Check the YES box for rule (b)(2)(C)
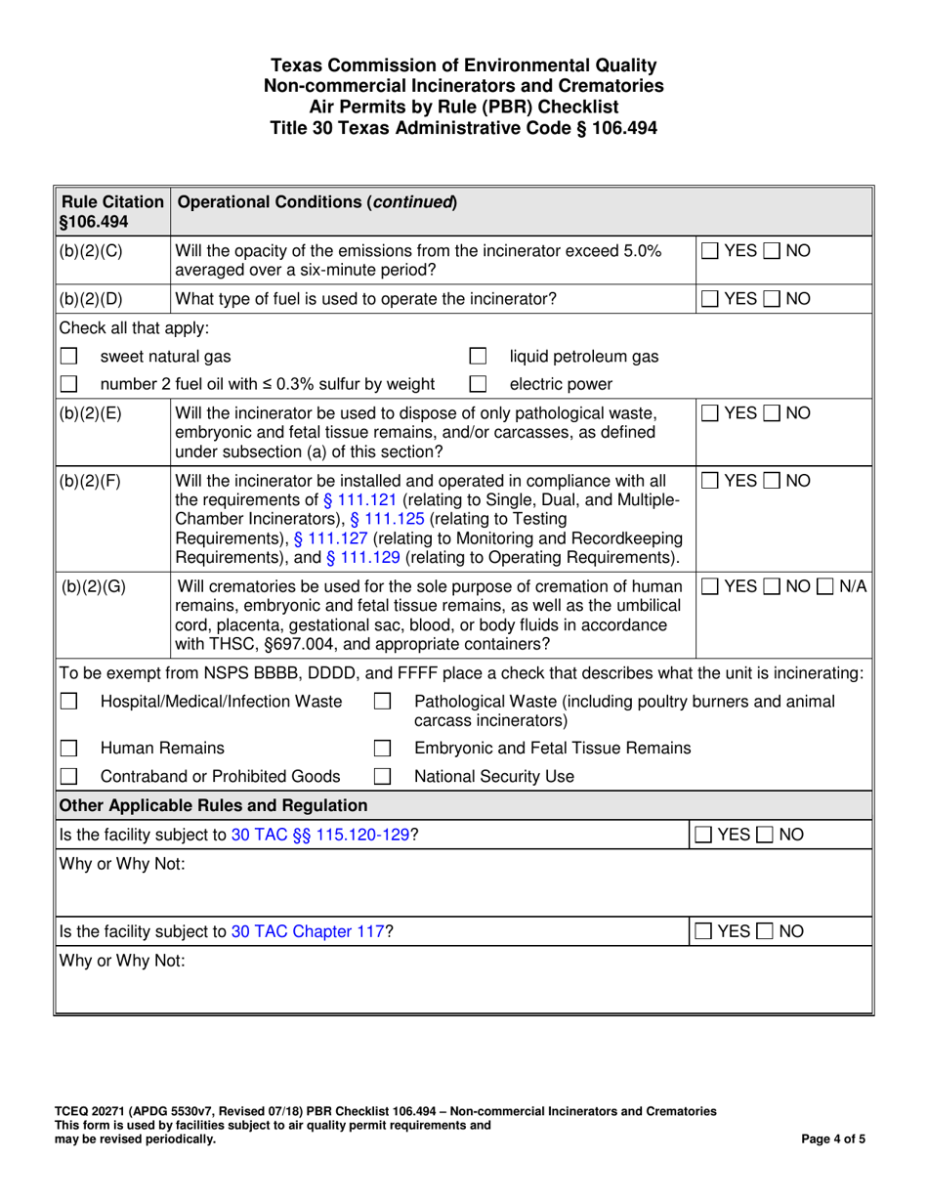[712, 252]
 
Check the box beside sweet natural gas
[68, 357]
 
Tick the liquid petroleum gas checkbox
[479, 357]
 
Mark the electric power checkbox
[479, 384]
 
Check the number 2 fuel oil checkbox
[68, 384]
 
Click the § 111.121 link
[359, 499]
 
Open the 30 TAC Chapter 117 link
[308, 931]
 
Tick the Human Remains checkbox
[68, 749]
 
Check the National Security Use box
[384, 777]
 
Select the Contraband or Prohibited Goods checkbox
[68, 777]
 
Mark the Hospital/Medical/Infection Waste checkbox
[68, 702]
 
